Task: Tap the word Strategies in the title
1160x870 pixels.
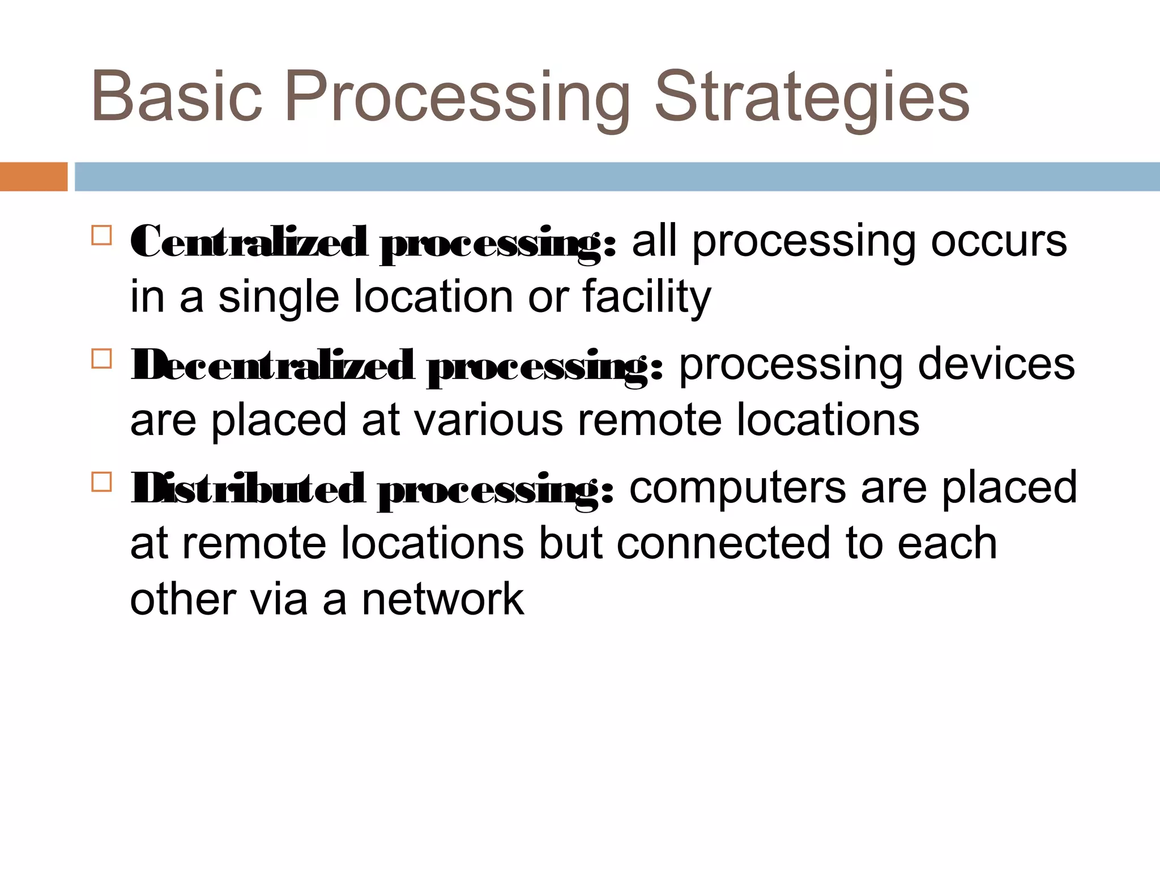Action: pyautogui.click(x=812, y=97)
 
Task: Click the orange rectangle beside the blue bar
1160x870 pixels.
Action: pyautogui.click(x=33, y=177)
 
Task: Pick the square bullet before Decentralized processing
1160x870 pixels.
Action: pyautogui.click(x=101, y=358)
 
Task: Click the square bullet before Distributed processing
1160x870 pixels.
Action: pyautogui.click(x=101, y=481)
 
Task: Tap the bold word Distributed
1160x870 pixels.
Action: pyautogui.click(x=247, y=489)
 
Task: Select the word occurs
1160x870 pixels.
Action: pyautogui.click(x=999, y=242)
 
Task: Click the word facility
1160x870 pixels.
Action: pyautogui.click(x=646, y=297)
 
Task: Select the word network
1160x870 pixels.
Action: pyautogui.click(x=443, y=599)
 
